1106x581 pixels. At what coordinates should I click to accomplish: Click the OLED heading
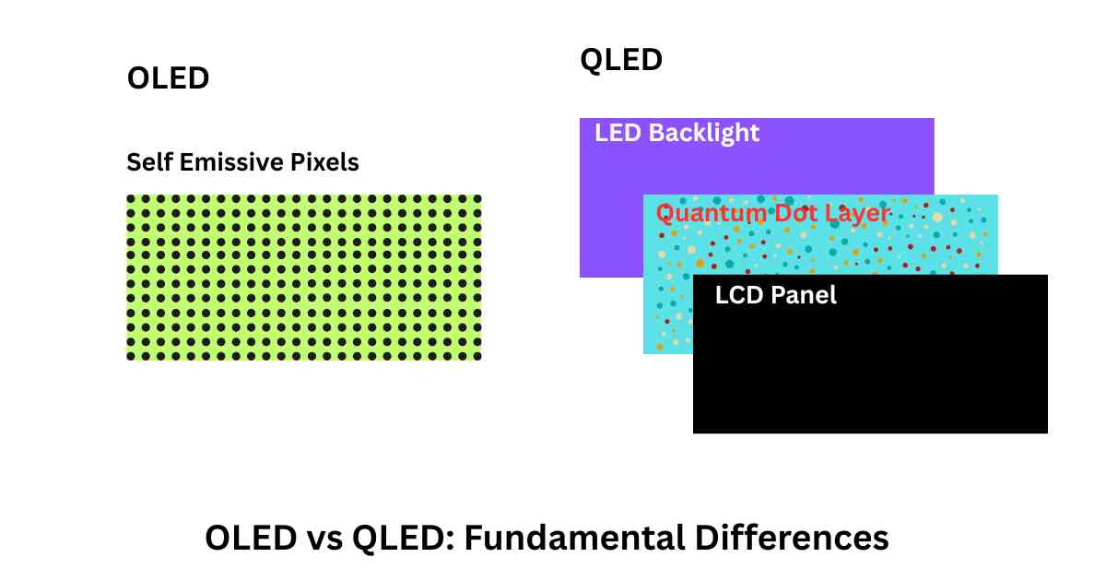coord(168,79)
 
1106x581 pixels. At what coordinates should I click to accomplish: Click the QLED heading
coord(621,60)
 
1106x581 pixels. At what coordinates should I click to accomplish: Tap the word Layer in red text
coord(857,214)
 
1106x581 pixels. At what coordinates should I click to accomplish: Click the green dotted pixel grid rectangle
coord(303,277)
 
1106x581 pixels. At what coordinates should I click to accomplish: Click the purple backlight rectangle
coord(608,212)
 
